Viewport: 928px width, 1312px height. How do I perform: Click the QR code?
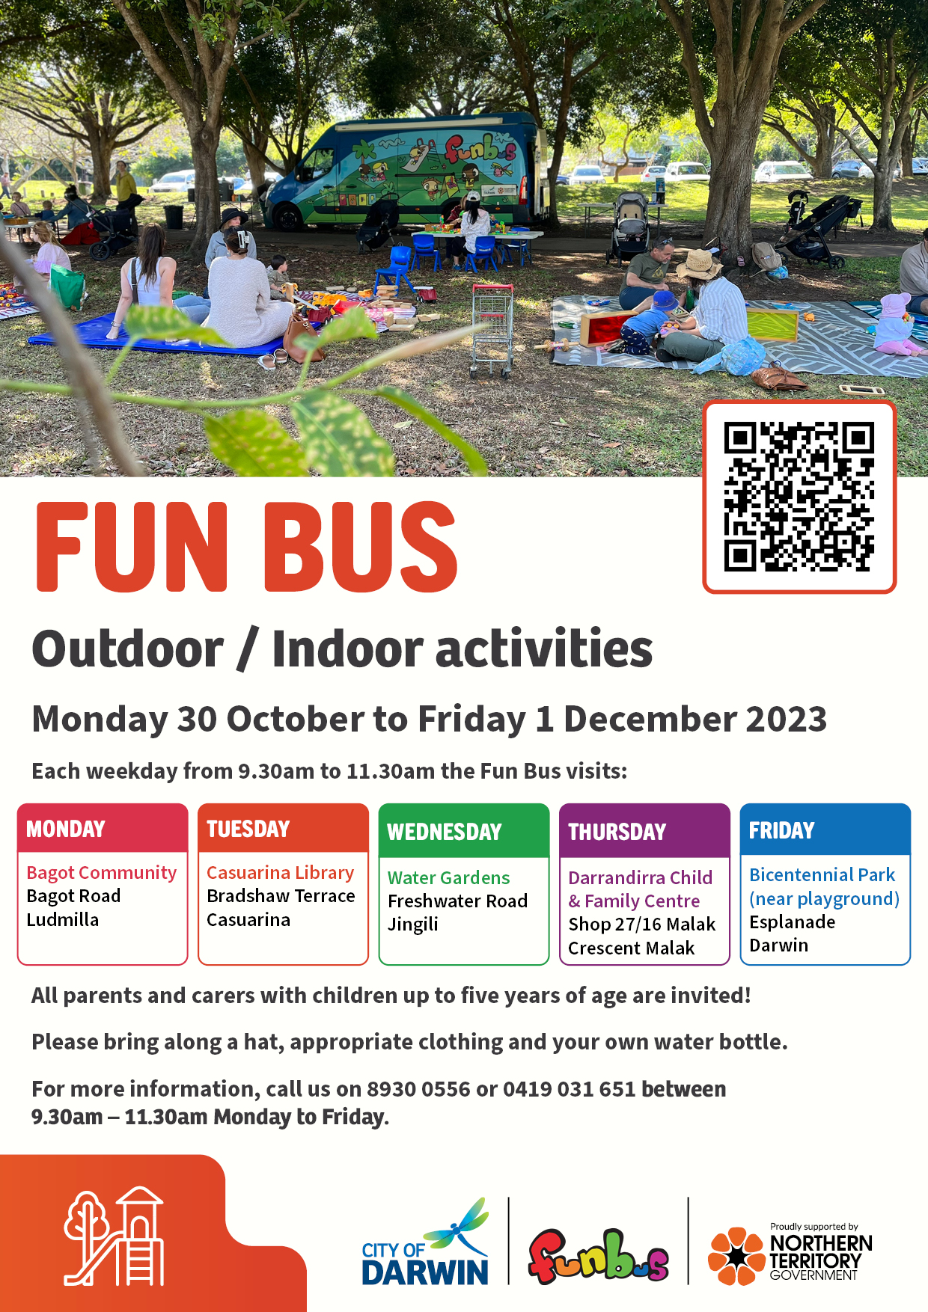(799, 497)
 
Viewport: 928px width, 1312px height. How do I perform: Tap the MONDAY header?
(66, 829)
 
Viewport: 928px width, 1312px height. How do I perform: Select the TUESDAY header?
(248, 829)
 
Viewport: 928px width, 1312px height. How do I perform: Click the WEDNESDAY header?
(445, 832)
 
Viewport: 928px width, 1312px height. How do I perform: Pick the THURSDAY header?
(617, 832)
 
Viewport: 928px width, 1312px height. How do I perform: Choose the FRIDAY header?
(781, 830)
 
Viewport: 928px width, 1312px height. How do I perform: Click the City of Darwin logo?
(425, 1242)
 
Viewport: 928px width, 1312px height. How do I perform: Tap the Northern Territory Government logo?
(790, 1254)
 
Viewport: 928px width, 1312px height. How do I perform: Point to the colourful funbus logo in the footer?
(599, 1256)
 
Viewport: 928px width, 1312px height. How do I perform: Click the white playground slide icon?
(115, 1236)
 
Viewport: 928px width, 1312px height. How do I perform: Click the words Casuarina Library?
(280, 873)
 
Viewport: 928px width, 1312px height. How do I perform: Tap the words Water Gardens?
(448, 877)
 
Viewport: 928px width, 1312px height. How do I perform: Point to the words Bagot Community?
(102, 873)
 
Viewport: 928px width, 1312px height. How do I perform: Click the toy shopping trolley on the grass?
(492, 330)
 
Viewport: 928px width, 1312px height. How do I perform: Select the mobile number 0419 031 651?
(569, 1089)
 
